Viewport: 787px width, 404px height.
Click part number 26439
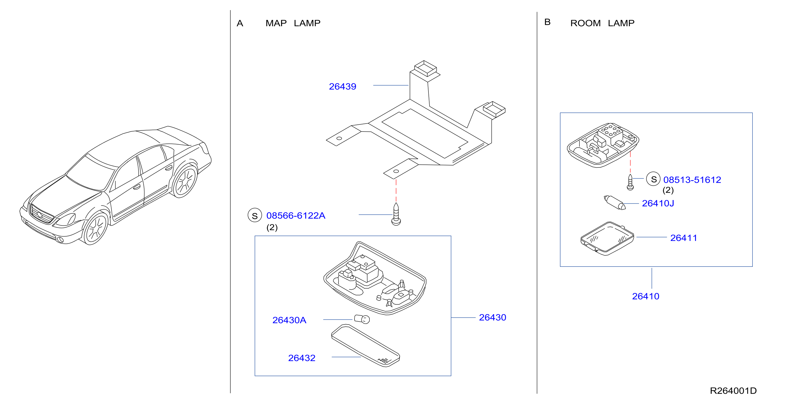pyautogui.click(x=342, y=87)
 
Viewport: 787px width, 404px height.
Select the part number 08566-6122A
pyautogui.click(x=296, y=216)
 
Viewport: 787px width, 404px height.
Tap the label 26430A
pyautogui.click(x=289, y=320)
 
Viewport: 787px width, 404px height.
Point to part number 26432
pyautogui.click(x=301, y=358)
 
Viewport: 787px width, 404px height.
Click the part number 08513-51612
pyautogui.click(x=692, y=180)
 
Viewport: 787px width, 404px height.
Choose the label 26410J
pyautogui.click(x=658, y=203)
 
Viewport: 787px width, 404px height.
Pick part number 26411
pyautogui.click(x=683, y=238)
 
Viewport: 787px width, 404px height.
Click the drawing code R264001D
pyautogui.click(x=733, y=391)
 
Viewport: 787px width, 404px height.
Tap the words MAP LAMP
pyautogui.click(x=293, y=23)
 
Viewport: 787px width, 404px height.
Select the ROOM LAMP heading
pyautogui.click(x=602, y=23)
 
